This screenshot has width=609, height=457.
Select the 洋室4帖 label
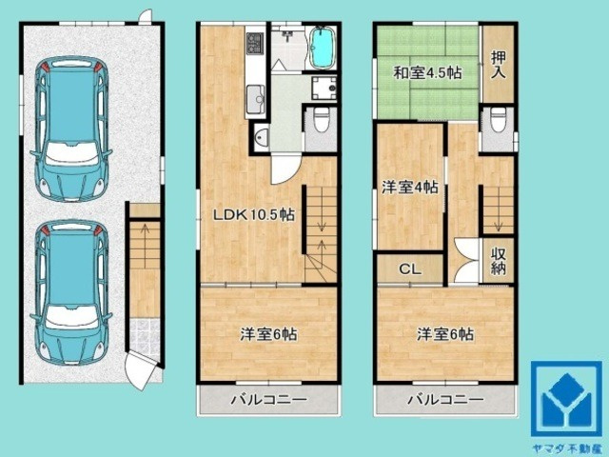coord(410,188)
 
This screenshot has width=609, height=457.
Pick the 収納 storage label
coord(499,261)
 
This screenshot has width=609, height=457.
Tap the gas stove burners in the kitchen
coord(255,44)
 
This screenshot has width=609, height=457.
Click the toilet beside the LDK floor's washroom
coord(321,122)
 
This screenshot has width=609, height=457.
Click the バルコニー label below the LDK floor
coord(269,400)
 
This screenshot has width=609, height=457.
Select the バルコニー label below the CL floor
coord(444,400)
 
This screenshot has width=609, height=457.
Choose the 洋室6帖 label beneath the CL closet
coord(444,334)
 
